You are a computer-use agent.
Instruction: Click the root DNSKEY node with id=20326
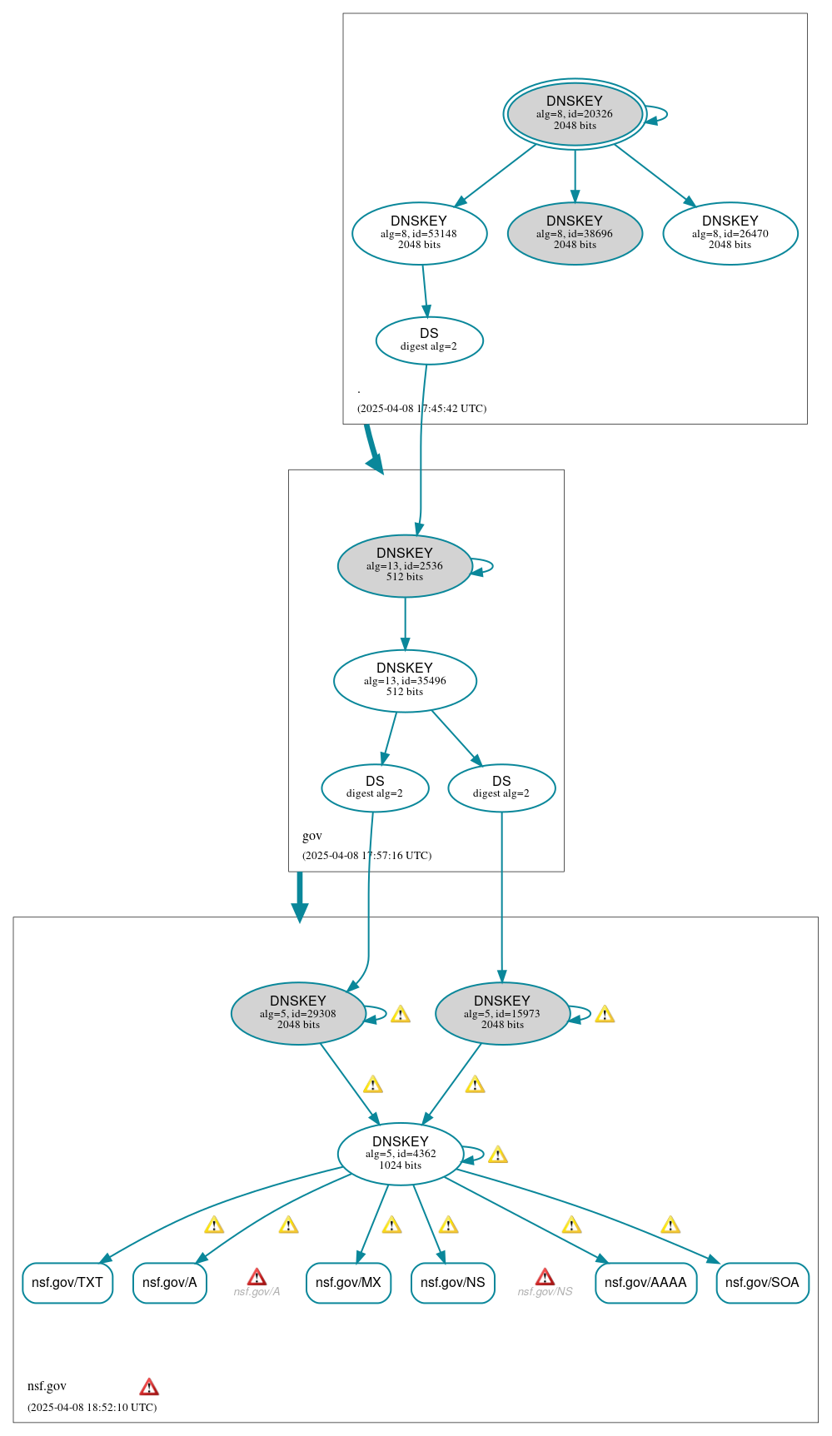[x=575, y=114]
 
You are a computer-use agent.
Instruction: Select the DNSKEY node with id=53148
[x=419, y=233]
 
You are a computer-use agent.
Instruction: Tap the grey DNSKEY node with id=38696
[x=575, y=233]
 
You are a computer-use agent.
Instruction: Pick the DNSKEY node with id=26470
[x=730, y=233]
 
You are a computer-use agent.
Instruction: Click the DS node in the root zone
[x=429, y=340]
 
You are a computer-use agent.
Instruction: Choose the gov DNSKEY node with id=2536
[x=405, y=565]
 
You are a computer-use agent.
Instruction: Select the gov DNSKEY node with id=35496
[x=405, y=680]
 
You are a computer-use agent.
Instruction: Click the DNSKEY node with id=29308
[x=298, y=1013]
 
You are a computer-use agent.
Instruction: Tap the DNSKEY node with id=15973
[x=502, y=1013]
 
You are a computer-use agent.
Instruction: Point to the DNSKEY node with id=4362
[x=401, y=1154]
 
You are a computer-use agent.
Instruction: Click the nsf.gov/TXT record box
[x=67, y=1283]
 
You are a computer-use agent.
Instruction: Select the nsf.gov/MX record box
[x=348, y=1283]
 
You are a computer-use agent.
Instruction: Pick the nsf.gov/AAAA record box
[x=645, y=1283]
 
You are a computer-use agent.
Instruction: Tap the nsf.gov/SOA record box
[x=762, y=1283]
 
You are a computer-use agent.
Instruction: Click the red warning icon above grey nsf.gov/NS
[x=545, y=1277]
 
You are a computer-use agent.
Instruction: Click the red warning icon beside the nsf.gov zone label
[x=149, y=1387]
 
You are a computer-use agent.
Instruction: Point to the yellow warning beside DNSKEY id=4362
[x=498, y=1155]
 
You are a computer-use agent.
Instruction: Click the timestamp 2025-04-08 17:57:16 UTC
[x=366, y=856]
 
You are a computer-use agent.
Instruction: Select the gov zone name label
[x=312, y=836]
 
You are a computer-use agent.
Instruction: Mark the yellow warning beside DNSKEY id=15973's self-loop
[x=605, y=1014]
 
